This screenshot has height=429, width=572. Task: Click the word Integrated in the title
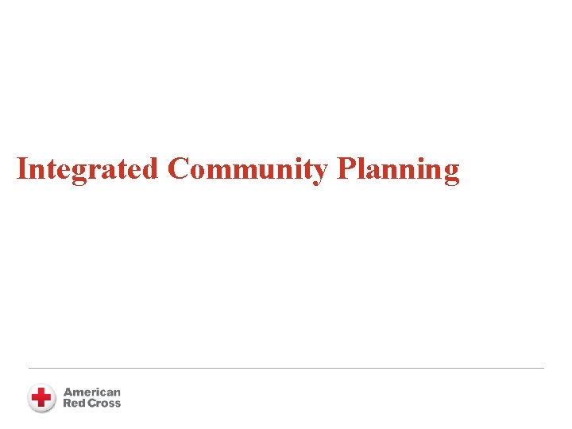click(x=87, y=169)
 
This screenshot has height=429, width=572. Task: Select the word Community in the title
click(x=248, y=169)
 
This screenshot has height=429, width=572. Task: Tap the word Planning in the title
click(x=398, y=169)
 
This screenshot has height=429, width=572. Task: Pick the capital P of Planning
click(x=346, y=169)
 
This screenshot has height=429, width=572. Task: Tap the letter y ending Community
click(x=320, y=173)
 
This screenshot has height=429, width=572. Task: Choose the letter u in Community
click(x=276, y=172)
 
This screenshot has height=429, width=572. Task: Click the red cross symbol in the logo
click(x=41, y=397)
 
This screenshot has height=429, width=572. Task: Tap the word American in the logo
click(x=92, y=392)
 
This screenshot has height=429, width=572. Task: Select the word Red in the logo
click(x=73, y=403)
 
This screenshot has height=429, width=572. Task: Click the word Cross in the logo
click(x=104, y=403)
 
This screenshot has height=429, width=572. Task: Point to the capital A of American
click(x=68, y=392)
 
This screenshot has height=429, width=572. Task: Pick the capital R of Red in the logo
click(x=67, y=403)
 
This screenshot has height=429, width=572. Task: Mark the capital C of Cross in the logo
click(x=91, y=403)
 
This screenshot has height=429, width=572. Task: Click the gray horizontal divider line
click(x=286, y=368)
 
